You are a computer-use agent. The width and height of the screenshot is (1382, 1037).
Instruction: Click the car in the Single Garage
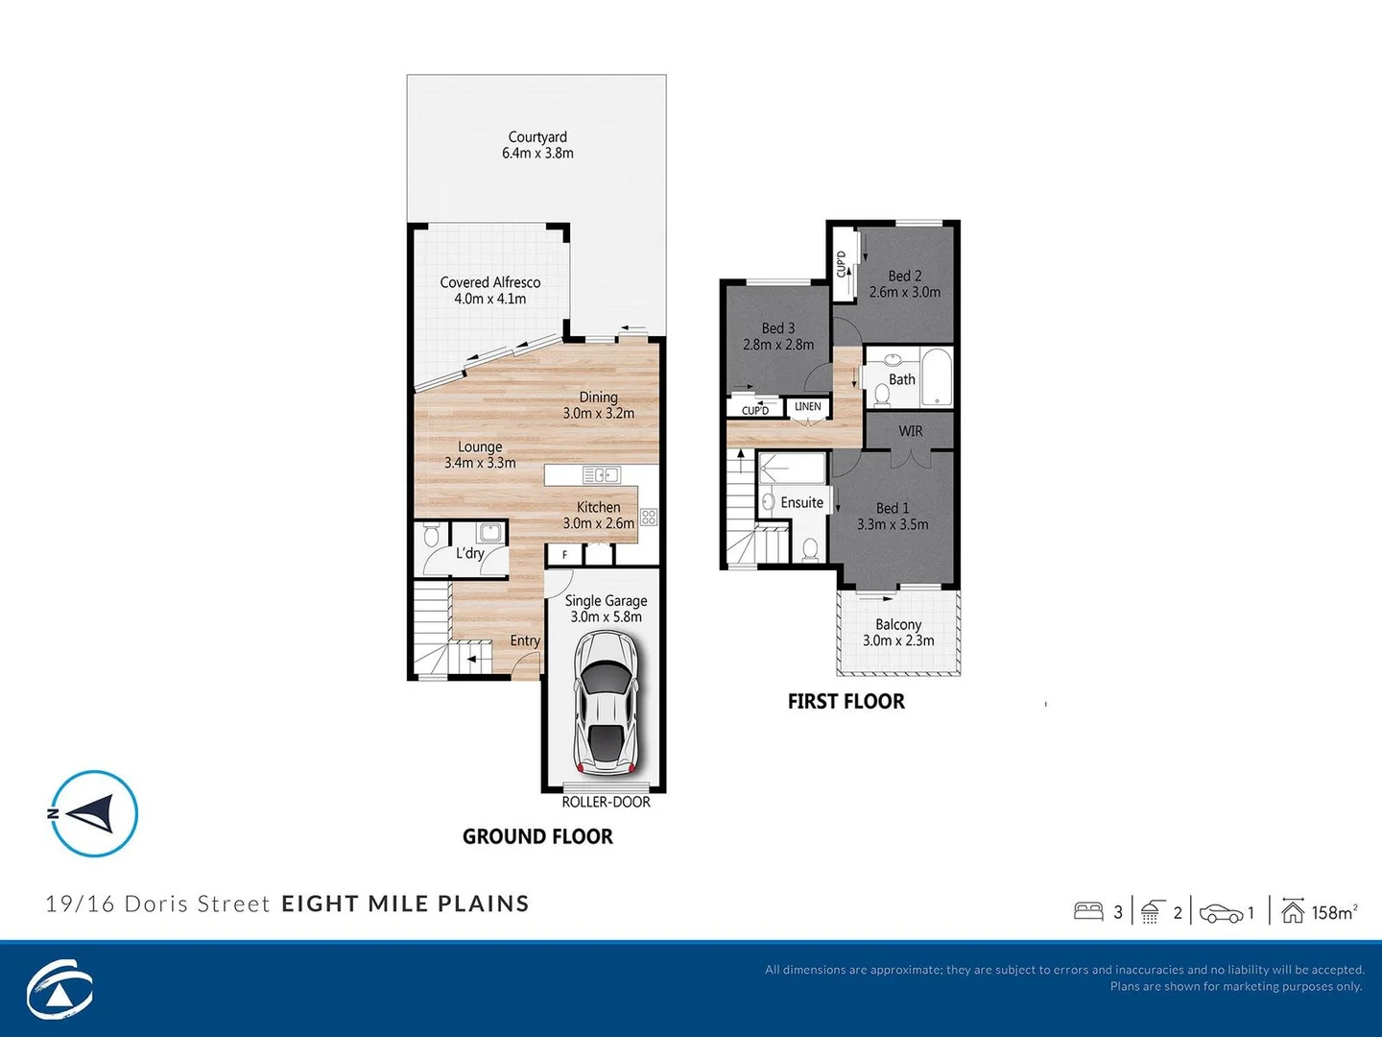click(606, 703)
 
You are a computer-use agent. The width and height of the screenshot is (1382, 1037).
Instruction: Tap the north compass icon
click(94, 813)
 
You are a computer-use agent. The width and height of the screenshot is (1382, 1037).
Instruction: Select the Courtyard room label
click(537, 145)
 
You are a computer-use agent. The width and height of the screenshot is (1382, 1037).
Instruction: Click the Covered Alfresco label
click(489, 290)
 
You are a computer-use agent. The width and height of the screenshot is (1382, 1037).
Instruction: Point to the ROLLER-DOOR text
click(606, 802)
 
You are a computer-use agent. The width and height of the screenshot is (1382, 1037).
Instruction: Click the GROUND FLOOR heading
click(537, 836)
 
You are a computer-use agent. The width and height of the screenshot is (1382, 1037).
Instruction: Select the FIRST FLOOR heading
click(846, 701)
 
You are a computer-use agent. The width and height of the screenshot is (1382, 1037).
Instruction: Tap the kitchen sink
click(602, 474)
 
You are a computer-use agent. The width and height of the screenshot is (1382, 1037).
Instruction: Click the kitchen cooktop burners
click(649, 518)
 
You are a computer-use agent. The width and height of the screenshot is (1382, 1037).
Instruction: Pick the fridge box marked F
click(565, 554)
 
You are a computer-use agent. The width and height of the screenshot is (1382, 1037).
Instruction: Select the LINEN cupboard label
click(808, 407)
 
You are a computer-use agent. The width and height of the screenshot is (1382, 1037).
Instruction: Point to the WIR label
click(910, 431)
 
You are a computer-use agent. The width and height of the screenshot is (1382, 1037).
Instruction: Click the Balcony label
click(898, 632)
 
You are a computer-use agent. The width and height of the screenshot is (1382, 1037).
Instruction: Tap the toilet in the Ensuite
click(810, 549)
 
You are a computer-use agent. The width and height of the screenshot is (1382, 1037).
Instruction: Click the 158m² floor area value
click(1334, 912)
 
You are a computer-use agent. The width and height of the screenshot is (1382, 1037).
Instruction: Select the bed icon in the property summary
click(1088, 911)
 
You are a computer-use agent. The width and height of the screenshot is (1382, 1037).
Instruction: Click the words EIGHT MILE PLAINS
click(405, 904)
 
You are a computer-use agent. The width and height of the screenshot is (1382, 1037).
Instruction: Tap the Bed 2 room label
click(904, 283)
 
